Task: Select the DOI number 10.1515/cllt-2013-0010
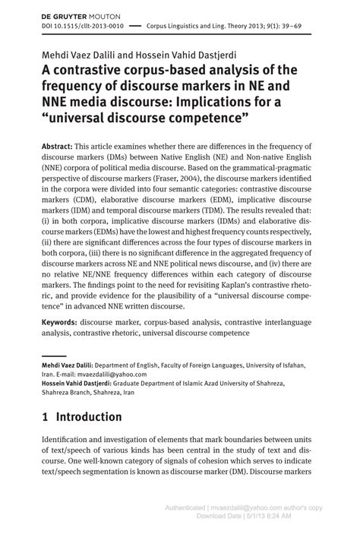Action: [78, 25]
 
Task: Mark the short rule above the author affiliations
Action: [53, 354]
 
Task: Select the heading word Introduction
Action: [89, 417]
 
